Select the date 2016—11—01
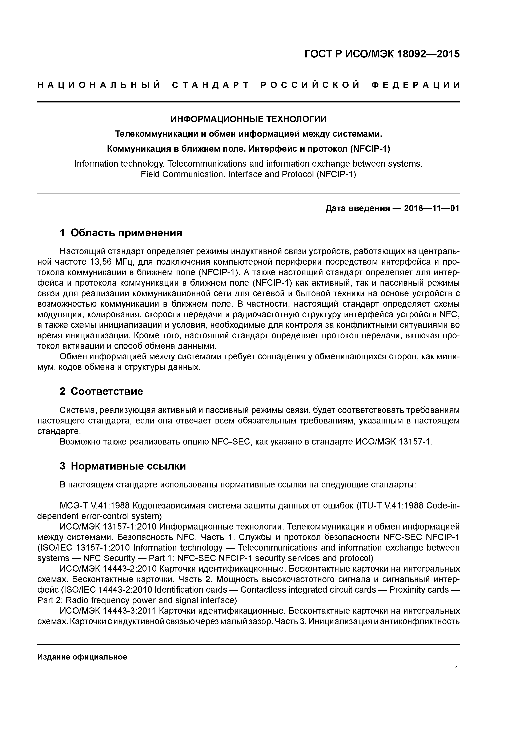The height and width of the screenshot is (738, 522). coord(432,209)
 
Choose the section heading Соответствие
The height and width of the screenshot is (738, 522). coord(107,392)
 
